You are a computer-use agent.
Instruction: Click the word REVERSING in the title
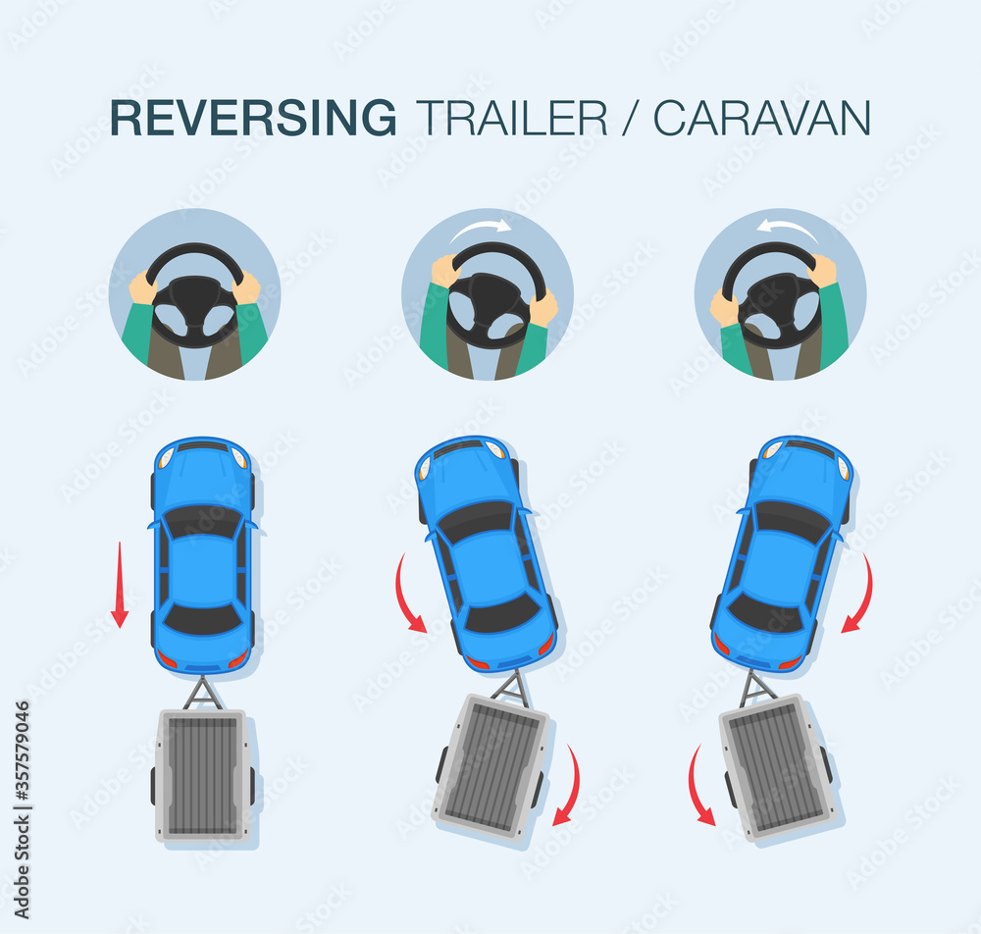253,118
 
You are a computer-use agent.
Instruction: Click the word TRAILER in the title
512,118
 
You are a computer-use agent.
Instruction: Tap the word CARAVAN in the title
762,118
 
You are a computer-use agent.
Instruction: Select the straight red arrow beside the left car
120,585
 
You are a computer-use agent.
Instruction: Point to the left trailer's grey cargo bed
203,776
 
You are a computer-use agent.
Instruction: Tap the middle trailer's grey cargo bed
491,767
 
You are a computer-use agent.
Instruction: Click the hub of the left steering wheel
196,301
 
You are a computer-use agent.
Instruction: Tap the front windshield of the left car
203,521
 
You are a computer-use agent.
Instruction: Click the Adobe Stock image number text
22,809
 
